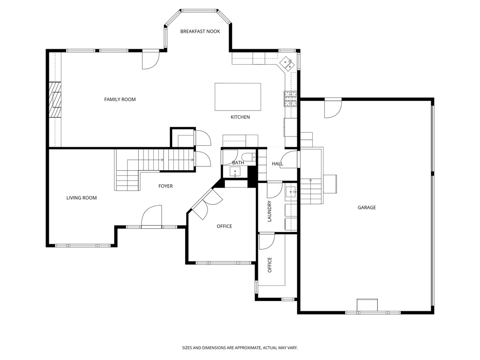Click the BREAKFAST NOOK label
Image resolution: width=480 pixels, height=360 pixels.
(x=200, y=31)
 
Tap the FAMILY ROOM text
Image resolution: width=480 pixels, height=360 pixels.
(x=120, y=99)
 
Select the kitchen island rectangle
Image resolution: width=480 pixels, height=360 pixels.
(x=238, y=97)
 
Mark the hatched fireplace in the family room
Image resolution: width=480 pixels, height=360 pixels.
(x=55, y=100)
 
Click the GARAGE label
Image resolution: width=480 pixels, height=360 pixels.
(x=367, y=208)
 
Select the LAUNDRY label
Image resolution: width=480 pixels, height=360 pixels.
(x=270, y=211)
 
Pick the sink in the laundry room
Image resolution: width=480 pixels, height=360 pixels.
(x=291, y=191)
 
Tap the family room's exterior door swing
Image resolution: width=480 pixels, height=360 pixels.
(x=151, y=60)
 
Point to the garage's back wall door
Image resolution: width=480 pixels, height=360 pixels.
(x=333, y=108)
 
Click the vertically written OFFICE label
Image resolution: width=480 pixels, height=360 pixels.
(x=270, y=265)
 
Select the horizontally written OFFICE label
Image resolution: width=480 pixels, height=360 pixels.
(x=224, y=226)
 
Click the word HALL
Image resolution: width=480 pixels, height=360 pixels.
(x=277, y=164)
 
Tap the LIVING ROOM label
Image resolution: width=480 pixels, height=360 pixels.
(x=82, y=198)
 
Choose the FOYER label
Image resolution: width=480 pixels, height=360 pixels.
(x=165, y=186)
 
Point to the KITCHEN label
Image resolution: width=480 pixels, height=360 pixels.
(x=240, y=117)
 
